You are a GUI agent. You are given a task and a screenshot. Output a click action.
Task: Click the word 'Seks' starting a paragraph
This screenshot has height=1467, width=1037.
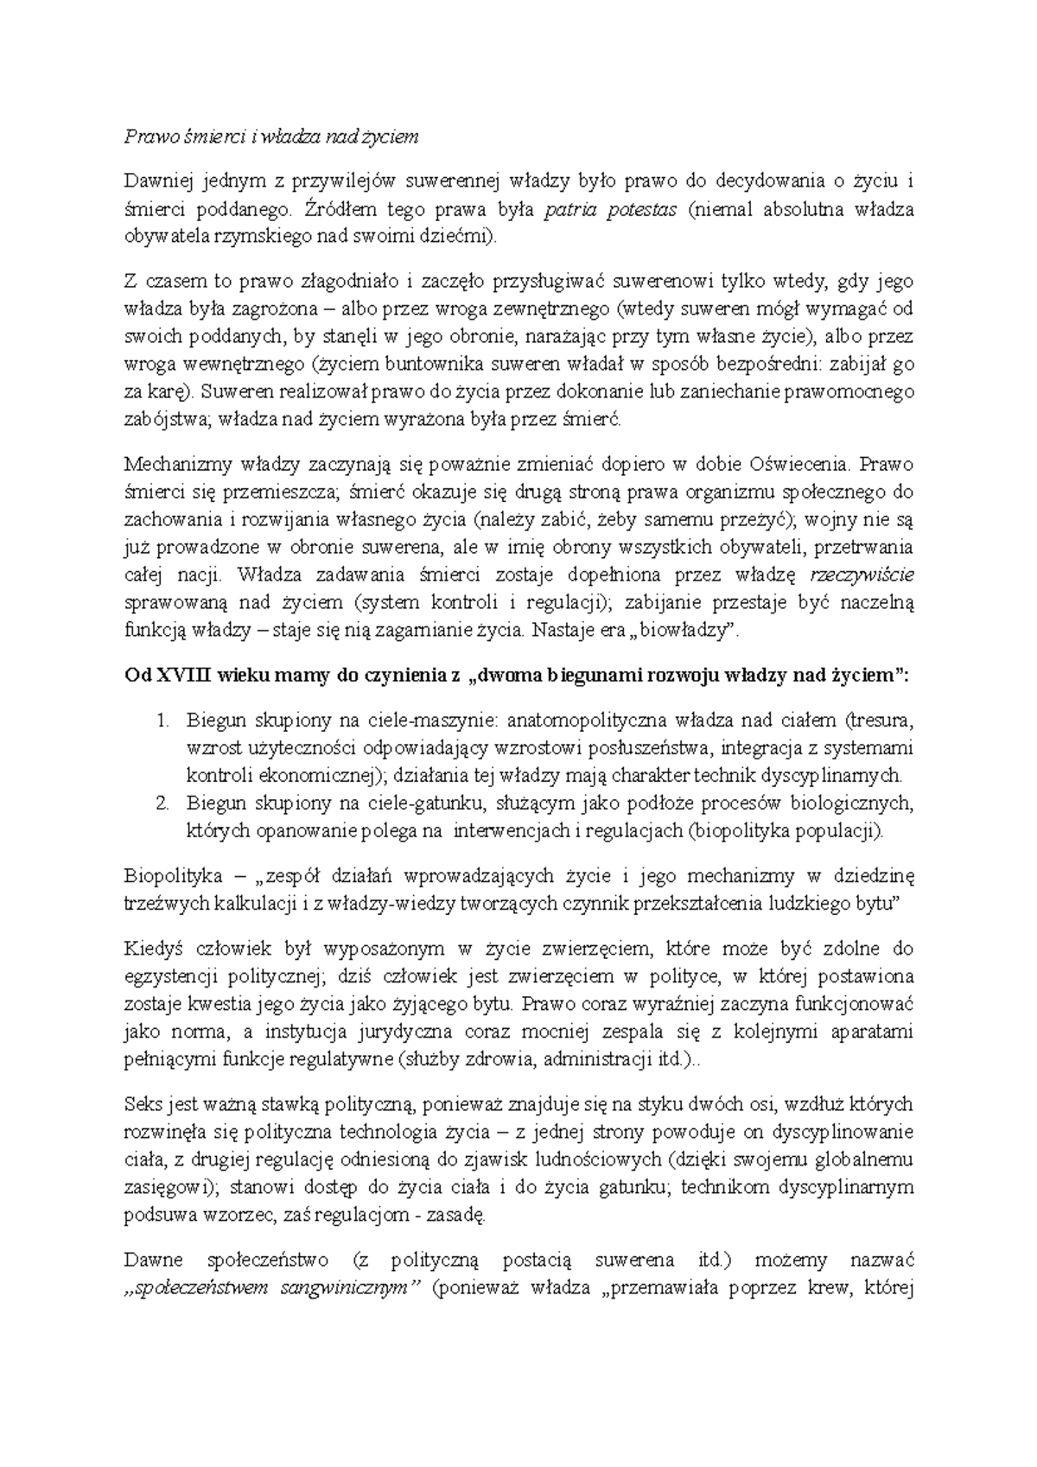(143, 1104)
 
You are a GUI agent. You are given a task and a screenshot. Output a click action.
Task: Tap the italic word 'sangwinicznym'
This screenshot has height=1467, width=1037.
(350, 1287)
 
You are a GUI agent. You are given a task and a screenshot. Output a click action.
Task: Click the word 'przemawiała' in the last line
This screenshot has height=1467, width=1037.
(678, 1287)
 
